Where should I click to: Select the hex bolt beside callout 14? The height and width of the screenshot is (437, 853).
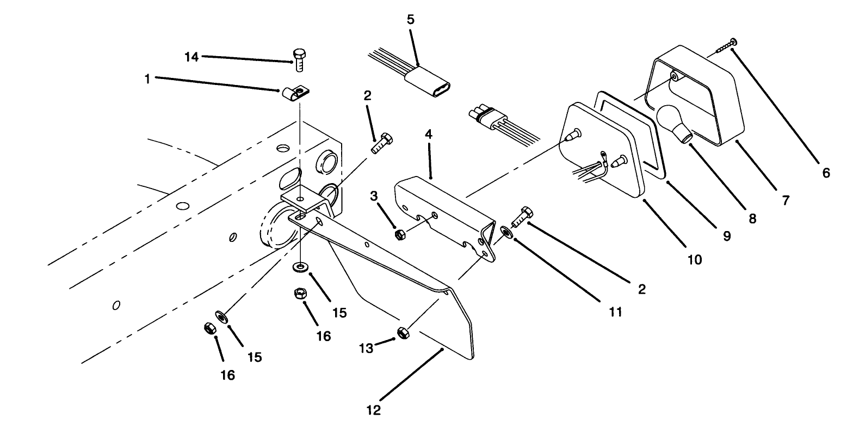pos(299,59)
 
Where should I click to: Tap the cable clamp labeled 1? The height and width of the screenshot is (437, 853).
pos(294,94)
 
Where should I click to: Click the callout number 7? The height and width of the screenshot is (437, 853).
pos(785,200)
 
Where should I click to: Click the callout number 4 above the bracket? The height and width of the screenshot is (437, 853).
pos(429,134)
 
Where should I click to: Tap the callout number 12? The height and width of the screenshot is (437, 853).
pos(373,410)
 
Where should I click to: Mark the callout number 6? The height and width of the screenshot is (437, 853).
pos(826,173)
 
